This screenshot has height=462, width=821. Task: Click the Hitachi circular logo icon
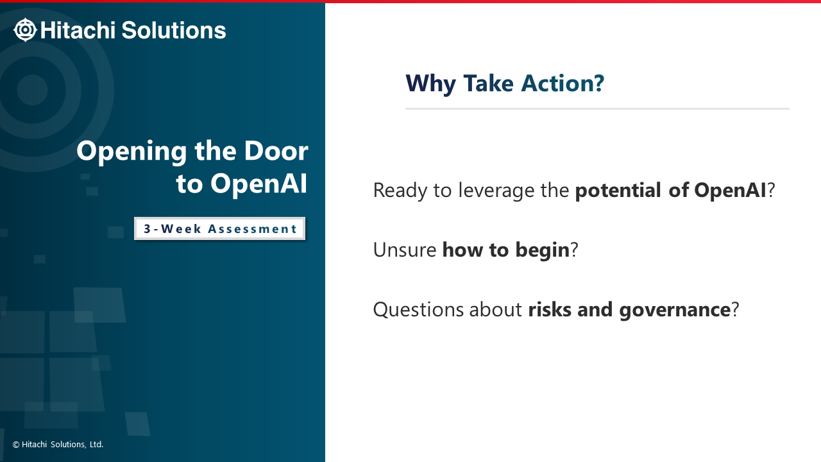coord(25,30)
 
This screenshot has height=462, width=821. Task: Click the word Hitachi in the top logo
coord(78,30)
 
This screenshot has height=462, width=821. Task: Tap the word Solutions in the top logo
coord(174,30)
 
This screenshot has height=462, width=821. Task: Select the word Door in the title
coord(276,151)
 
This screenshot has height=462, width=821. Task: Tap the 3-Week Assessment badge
coord(219,228)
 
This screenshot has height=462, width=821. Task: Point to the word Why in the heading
coord(430,84)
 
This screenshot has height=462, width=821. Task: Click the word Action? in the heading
coord(563,83)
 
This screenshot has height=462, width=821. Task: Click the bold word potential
coord(618,191)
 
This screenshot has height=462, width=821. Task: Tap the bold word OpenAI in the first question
coord(730,191)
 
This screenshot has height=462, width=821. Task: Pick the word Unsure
coord(405,250)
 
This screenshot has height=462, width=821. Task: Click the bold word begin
coord(543,250)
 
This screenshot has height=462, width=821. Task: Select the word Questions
coord(419,310)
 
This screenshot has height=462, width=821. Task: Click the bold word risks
coord(550,310)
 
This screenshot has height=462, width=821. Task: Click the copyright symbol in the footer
coord(16,445)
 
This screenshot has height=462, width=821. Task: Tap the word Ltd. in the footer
coord(96,445)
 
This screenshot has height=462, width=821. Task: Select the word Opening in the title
coord(132,151)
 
